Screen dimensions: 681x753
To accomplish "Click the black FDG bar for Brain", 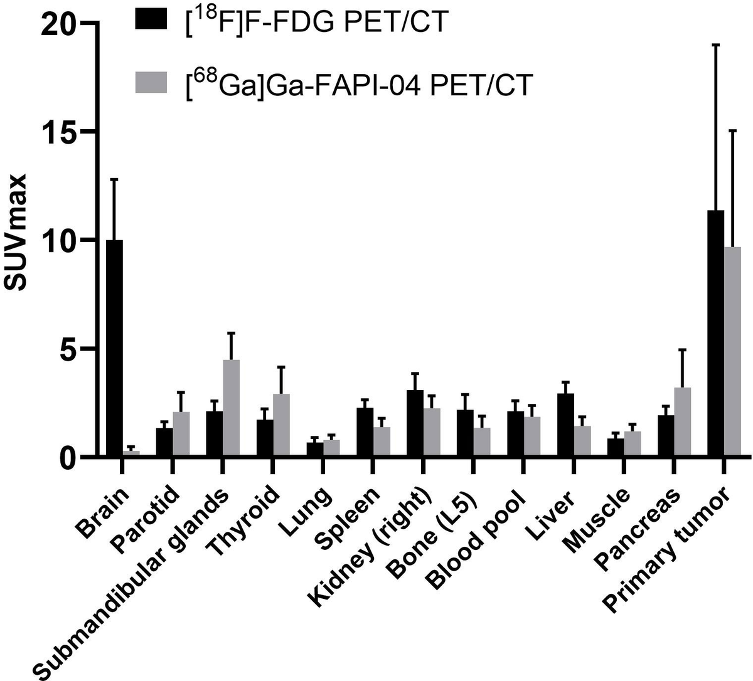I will point(114,348).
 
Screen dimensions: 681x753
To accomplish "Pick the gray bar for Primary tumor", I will point(732,351).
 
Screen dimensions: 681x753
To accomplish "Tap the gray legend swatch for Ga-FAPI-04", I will point(151,83).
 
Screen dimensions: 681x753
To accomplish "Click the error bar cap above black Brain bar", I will point(114,179).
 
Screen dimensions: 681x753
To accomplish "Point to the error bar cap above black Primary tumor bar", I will point(715,45).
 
